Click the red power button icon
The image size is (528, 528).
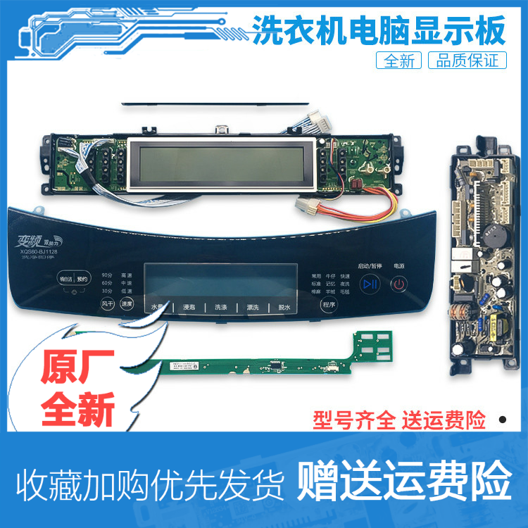(x=398, y=284)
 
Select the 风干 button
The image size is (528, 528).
(x=106, y=304)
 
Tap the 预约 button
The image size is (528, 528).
(x=83, y=278)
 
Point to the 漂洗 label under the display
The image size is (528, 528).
(x=253, y=308)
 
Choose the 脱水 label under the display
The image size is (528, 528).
(x=285, y=308)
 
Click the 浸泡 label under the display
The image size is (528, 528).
(x=189, y=308)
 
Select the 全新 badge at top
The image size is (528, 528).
(x=400, y=61)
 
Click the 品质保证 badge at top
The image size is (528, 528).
(x=467, y=61)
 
